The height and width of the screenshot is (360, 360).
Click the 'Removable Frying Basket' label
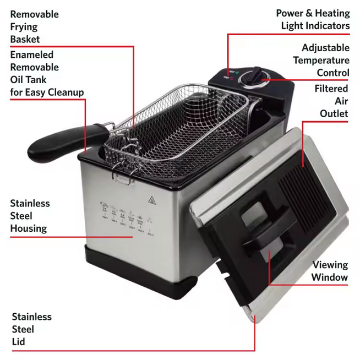point(34,26)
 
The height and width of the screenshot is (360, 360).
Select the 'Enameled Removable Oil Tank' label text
point(46,73)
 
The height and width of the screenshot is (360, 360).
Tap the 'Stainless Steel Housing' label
point(30,216)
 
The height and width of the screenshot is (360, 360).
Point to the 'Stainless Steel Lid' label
point(32,329)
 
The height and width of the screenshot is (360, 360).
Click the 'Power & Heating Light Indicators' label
point(313,19)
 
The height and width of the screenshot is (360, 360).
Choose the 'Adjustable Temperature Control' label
point(321,60)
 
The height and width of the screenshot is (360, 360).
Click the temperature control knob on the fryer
point(256,76)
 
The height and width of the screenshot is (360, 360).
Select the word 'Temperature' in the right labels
point(321,60)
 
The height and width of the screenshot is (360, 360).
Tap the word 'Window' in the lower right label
point(330,277)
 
